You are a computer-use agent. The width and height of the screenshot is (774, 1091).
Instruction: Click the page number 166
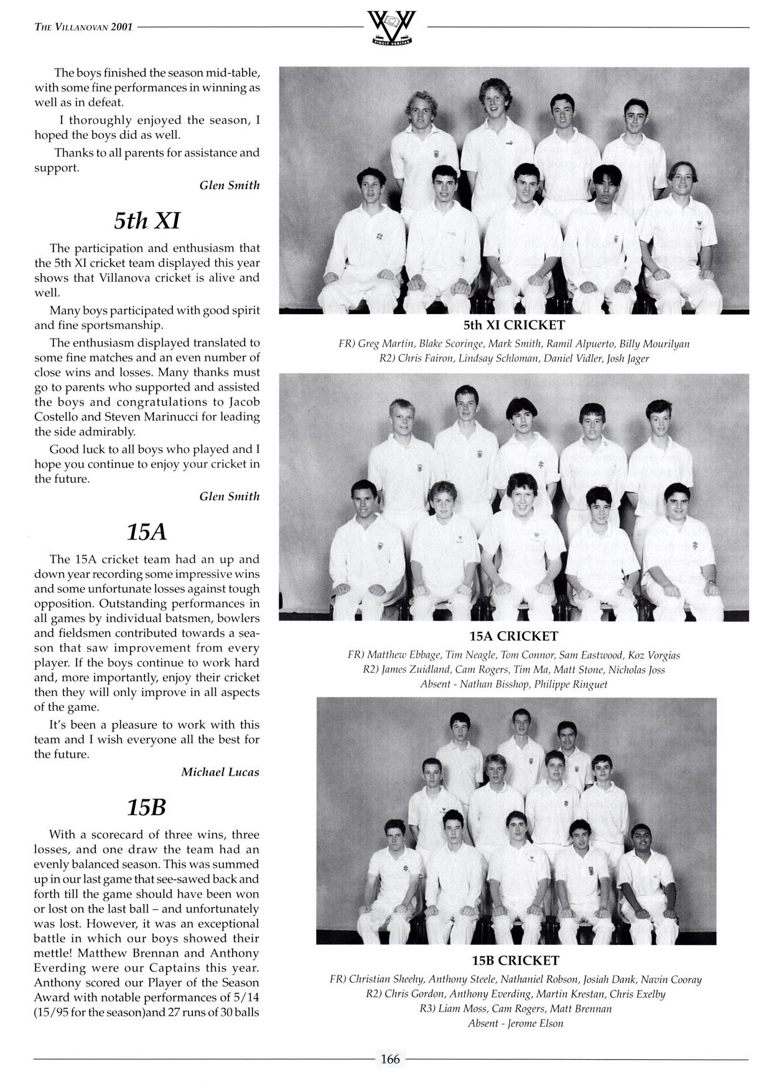click(x=390, y=1059)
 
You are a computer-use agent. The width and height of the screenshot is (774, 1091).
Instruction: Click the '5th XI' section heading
click(x=147, y=220)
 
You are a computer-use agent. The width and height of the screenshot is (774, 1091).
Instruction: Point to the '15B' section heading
click(x=147, y=807)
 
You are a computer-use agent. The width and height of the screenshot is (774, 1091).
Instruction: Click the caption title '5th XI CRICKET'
click(x=514, y=325)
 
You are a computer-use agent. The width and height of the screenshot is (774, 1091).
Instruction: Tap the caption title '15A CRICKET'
click(x=514, y=636)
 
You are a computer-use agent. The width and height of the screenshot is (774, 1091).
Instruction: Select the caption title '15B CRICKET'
click(x=515, y=960)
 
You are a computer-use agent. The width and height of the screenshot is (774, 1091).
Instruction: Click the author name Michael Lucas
click(x=220, y=772)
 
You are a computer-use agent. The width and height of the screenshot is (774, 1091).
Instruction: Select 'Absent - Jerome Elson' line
click(x=515, y=1023)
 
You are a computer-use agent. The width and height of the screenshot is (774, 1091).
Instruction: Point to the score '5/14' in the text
click(x=245, y=983)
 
